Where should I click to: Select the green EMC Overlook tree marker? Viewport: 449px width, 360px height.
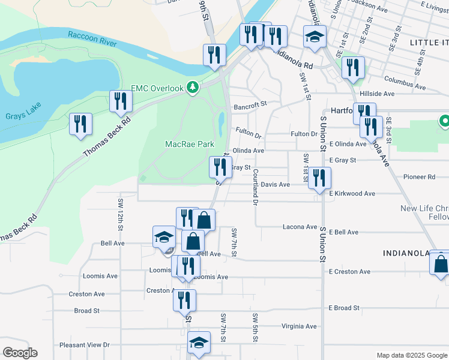pyautogui.click(x=192, y=88)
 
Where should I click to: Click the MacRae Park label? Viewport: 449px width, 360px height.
pyautogui.click(x=190, y=144)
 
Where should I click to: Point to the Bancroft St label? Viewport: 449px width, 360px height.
pyautogui.click(x=250, y=104)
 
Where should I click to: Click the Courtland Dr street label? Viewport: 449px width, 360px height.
pyautogui.click(x=255, y=187)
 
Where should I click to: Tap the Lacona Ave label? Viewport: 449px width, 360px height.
pyautogui.click(x=300, y=227)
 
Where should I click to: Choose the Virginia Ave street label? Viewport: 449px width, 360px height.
pyautogui.click(x=298, y=326)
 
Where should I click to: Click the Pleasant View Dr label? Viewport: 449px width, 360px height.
pyautogui.click(x=85, y=345)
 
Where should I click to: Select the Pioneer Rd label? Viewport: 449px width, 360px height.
pyautogui.click(x=419, y=177)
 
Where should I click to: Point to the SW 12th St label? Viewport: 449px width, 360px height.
pyautogui.click(x=121, y=215)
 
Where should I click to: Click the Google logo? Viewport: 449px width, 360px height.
pyautogui.click(x=20, y=353)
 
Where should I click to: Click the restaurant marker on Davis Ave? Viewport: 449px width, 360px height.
pyautogui.click(x=319, y=178)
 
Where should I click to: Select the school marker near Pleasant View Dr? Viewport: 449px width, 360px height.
pyautogui.click(x=199, y=343)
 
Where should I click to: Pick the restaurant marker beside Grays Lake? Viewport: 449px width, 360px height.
pyautogui.click(x=80, y=124)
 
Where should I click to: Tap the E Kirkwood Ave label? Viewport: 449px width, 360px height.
pyautogui.click(x=352, y=194)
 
